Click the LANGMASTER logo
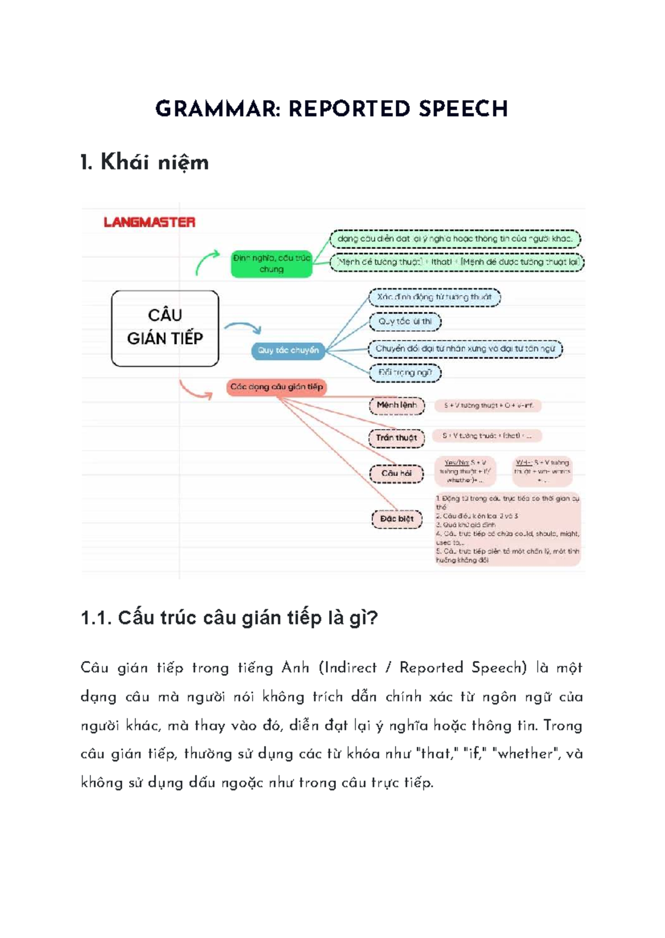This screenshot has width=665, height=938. coord(150,222)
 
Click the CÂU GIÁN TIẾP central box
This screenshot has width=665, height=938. coord(165,328)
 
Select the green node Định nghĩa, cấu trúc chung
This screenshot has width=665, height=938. coord(272,264)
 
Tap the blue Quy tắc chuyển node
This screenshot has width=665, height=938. coord(288,351)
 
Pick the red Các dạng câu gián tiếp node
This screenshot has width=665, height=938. coord(277,387)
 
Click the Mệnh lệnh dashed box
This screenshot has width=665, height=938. coord(397,405)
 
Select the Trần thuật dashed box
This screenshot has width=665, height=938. coord(396,437)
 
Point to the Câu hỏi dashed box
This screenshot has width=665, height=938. coord(397,473)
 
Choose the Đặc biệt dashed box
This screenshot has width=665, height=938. coord(397,519)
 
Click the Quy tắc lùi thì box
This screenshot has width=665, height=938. coord(405,322)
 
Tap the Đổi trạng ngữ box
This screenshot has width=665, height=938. coord(405,373)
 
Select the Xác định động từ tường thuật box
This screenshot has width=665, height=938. coord(434,297)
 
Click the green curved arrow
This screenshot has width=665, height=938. coord(207,261)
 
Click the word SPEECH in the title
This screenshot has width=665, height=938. coord(463,109)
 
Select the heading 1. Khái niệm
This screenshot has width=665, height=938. coord(145,162)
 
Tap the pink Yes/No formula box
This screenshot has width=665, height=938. coord(465,471)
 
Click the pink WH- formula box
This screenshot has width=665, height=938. coord(542,471)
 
